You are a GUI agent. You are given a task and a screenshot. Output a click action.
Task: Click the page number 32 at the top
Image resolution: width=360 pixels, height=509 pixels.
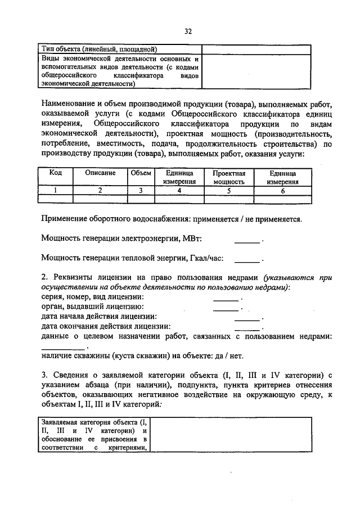pos(188,32)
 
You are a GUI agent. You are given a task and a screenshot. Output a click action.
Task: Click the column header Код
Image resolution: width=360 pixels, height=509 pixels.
pos(56,173)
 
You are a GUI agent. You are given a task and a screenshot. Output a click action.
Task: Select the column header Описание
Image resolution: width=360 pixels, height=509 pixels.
pos(101,173)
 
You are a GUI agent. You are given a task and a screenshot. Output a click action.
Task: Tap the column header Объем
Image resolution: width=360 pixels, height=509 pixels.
pos(141,173)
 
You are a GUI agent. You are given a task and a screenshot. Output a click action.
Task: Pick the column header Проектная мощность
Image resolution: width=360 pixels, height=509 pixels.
pos(229,177)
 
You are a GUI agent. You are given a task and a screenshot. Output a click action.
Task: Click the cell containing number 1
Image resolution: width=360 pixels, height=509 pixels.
pos(56,191)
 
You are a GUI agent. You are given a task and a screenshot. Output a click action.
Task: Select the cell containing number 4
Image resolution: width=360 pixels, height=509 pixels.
pos(179,191)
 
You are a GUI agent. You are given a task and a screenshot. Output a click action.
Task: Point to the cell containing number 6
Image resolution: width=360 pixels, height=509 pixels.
pos(282,191)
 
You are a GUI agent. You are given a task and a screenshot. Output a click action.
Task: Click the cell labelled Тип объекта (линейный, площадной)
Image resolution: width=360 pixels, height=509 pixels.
pos(99,49)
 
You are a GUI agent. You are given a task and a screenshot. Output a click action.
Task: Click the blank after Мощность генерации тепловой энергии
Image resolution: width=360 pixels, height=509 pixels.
pos(246,259)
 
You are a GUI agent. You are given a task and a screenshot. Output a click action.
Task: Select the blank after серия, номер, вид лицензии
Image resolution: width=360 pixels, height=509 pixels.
pos(226,298)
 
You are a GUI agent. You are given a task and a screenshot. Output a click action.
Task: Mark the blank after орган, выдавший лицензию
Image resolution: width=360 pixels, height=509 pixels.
pos(226,307)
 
